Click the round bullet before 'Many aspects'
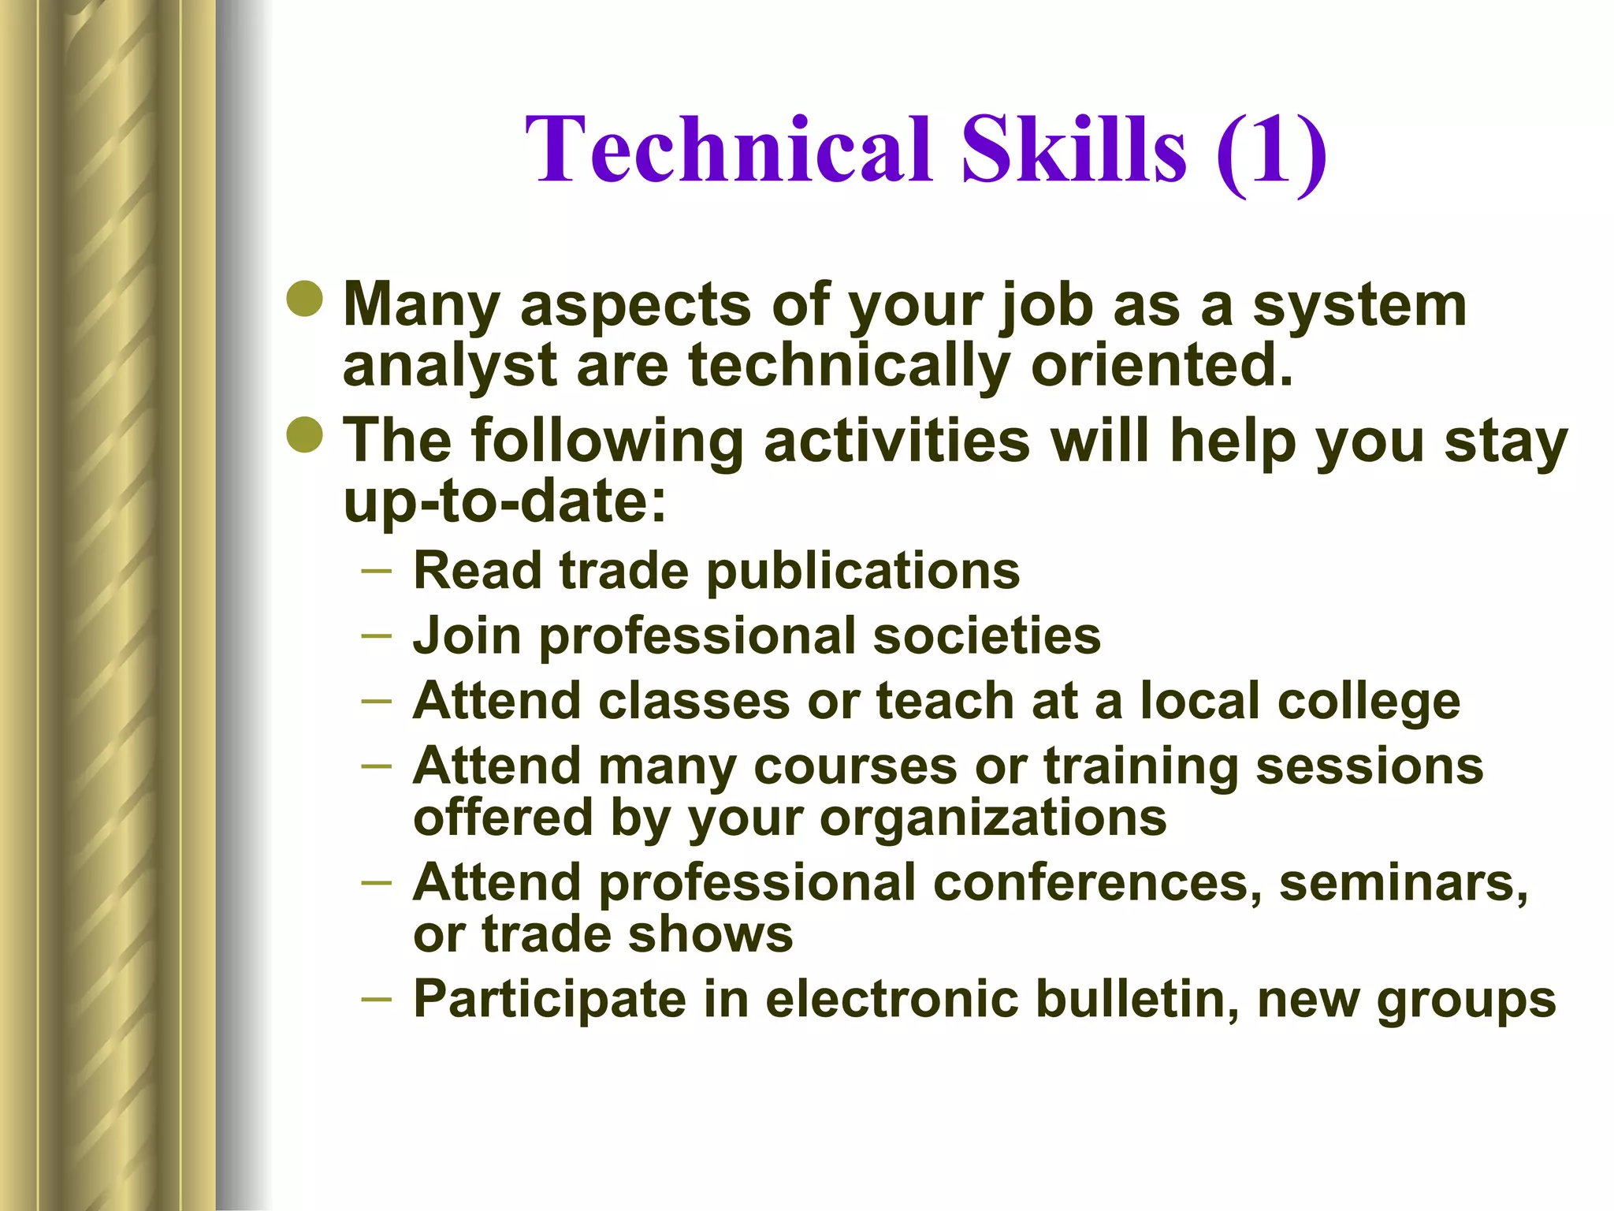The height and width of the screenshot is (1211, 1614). (x=305, y=298)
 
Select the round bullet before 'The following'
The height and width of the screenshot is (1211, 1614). (x=305, y=434)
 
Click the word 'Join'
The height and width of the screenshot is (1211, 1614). (x=467, y=635)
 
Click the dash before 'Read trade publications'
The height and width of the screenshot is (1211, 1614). (x=376, y=569)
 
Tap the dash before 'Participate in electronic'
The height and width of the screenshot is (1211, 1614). (x=376, y=999)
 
